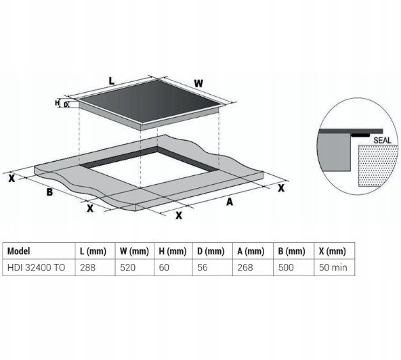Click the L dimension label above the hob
(x=111, y=81)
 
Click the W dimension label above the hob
(x=198, y=83)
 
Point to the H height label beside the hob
(x=57, y=103)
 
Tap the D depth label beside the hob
(x=66, y=104)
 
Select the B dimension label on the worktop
(x=49, y=192)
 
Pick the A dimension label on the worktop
(x=230, y=202)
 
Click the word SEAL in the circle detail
(x=382, y=140)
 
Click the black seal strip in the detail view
(x=360, y=135)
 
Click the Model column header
(x=19, y=251)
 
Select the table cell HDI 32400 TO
(x=37, y=267)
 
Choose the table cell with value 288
(x=88, y=267)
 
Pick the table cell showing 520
(x=128, y=267)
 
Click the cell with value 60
(x=164, y=267)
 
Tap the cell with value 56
(x=203, y=267)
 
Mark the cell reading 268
(x=245, y=267)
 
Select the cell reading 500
(x=286, y=267)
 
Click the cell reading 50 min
(x=333, y=267)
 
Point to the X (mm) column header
(x=333, y=252)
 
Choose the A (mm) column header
(x=251, y=252)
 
